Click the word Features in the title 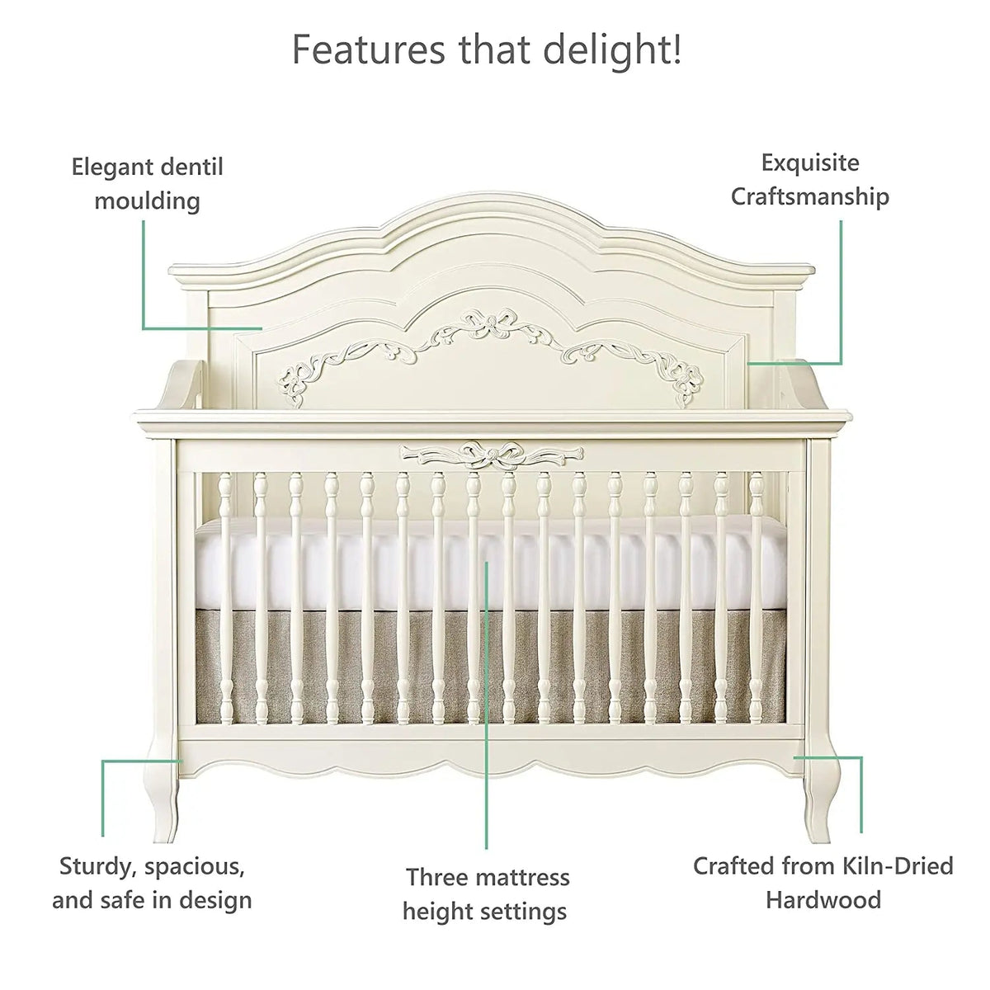368,49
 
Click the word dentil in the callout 191,167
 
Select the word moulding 147,200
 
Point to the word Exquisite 810,164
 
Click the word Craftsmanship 810,197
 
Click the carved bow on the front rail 492,454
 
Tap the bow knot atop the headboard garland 487,324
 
